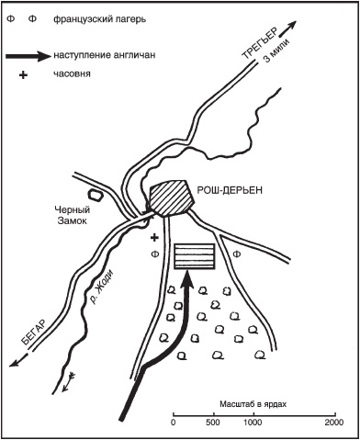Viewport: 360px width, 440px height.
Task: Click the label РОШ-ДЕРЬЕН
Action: pyautogui.click(x=230, y=190)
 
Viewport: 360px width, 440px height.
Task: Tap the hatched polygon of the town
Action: pyautogui.click(x=172, y=197)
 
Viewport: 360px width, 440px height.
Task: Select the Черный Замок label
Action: pyautogui.click(x=73, y=215)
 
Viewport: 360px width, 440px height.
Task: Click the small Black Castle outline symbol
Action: pyautogui.click(x=95, y=194)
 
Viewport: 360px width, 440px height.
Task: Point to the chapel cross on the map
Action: pyautogui.click(x=155, y=237)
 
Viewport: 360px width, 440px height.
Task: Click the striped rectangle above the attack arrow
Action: pyautogui.click(x=194, y=256)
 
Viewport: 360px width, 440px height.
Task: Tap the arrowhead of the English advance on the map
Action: pyautogui.click(x=186, y=280)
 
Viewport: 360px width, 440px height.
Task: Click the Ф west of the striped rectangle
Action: pyautogui.click(x=156, y=254)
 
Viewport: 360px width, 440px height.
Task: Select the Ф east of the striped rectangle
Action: pyautogui.click(x=236, y=254)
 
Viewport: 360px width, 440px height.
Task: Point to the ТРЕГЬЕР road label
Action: pyautogui.click(x=260, y=43)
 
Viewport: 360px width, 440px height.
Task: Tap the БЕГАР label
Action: pyautogui.click(x=34, y=333)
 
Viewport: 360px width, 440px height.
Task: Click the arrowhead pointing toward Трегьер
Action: pyautogui.click(x=292, y=25)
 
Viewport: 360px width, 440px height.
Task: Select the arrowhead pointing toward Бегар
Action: pyautogui.click(x=15, y=363)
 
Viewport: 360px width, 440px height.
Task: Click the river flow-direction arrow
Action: pyautogui.click(x=68, y=381)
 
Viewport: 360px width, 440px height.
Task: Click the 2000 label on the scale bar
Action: pyautogui.click(x=334, y=423)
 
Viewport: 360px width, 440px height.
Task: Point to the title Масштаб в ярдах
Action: pyautogui.click(x=253, y=404)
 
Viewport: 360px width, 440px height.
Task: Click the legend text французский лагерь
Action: pyautogui.click(x=100, y=19)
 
